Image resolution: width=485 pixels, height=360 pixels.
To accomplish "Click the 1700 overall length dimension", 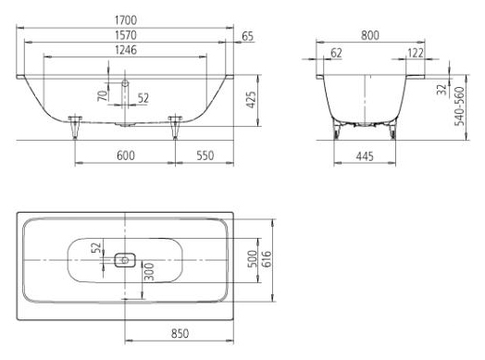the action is tap(126, 20).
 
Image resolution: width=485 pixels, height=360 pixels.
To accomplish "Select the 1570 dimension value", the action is tap(126, 35).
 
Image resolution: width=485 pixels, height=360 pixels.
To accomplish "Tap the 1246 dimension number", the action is tap(126, 50).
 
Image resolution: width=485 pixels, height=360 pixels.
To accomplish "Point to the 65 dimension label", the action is tap(247, 36).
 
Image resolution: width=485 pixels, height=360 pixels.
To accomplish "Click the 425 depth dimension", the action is tap(251, 100).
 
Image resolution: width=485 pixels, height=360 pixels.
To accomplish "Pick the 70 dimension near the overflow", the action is tap(104, 95).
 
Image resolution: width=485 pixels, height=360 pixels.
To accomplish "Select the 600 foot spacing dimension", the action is tap(126, 155).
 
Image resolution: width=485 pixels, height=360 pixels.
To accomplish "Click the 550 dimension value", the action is tap(205, 155).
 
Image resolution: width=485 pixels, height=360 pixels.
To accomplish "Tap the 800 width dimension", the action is tap(370, 35).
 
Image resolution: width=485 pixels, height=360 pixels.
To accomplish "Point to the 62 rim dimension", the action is tap(336, 53).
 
